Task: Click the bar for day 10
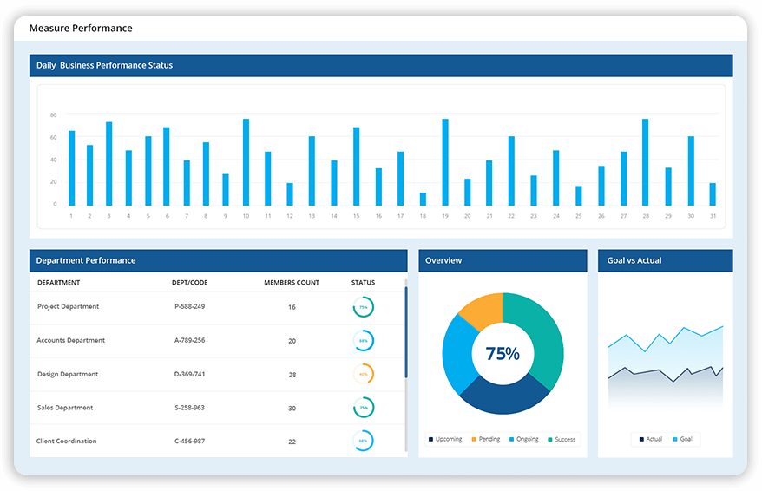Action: coord(246,162)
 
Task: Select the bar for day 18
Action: coord(423,199)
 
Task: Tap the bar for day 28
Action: coord(645,162)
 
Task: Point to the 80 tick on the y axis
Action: coord(53,115)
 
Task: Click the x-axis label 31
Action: coord(713,216)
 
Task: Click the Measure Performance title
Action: coord(81,28)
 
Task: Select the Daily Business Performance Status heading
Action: coord(104,65)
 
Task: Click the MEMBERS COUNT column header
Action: coord(292,283)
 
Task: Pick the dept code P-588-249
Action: coord(190,306)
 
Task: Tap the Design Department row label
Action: coord(68,374)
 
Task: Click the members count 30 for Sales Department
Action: coord(292,408)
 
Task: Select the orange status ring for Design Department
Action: coord(364,374)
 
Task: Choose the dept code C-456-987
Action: coord(190,442)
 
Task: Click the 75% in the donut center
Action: coord(503,354)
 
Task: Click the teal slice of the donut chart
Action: coord(538,338)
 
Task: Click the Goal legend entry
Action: coord(686,439)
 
